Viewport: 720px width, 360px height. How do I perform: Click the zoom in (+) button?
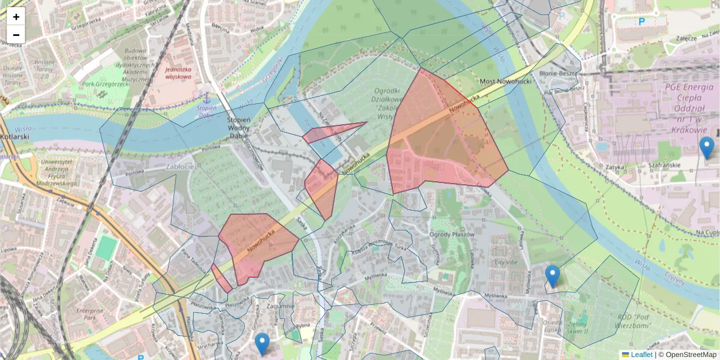coord(16,17)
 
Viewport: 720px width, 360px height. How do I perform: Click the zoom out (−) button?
coord(16,34)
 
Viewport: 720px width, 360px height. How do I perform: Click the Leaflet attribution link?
coord(637,355)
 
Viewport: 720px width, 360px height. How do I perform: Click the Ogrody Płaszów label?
coord(453,234)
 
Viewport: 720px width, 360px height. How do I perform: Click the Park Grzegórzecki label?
coord(106,84)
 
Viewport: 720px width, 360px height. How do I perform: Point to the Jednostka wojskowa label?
coord(178,73)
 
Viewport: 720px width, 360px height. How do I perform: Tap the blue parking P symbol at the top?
coord(641,22)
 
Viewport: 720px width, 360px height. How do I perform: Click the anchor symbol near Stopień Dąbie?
coord(206,97)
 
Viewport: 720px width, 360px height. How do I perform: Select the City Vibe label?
coord(505,262)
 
